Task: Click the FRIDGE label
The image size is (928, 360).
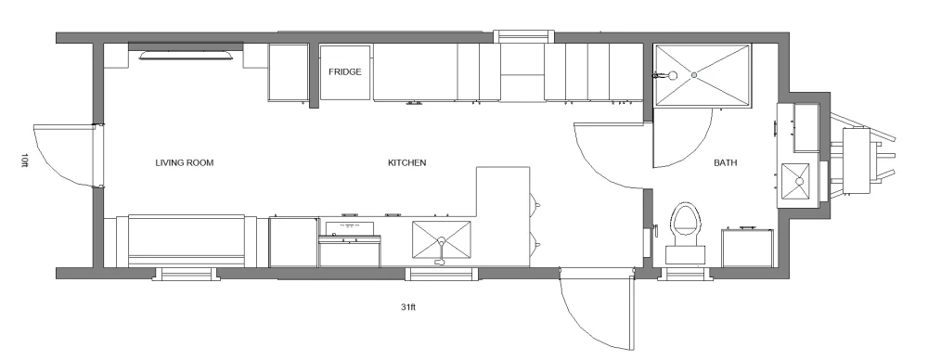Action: [344, 71]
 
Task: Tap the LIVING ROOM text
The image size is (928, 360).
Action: [185, 162]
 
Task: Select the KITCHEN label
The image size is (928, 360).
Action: [406, 162]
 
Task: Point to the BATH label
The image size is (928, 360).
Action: [725, 162]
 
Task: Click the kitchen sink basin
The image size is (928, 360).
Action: [443, 239]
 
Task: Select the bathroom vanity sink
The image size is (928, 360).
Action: [796, 181]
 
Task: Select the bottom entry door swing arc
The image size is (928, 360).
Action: [594, 311]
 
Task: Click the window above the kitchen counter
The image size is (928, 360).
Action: [523, 36]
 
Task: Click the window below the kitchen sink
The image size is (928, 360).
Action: [443, 274]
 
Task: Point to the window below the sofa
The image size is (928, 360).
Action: [186, 274]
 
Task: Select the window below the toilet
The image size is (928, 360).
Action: [688, 274]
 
